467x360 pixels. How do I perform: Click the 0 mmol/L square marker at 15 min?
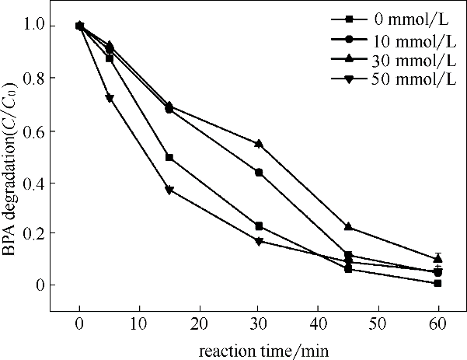169,158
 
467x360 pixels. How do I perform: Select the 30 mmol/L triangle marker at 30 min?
259,144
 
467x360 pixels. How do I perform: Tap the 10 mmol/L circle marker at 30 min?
259,173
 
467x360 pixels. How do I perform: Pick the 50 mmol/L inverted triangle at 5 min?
110,99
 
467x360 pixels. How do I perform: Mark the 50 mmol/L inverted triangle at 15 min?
169,190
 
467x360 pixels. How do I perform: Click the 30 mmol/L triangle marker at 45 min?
348,226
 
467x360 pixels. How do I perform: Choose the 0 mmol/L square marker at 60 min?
438,283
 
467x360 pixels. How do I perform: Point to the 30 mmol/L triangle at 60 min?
438,258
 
